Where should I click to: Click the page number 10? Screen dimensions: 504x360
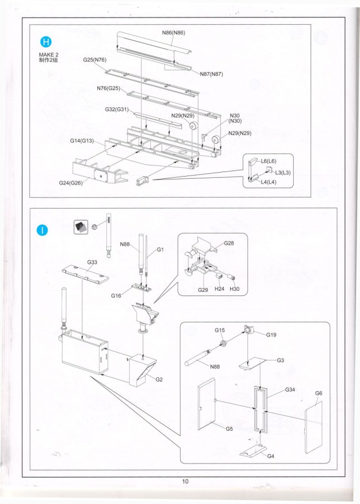pyautogui.click(x=186, y=481)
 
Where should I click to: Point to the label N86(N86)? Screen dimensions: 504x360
pyautogui.click(x=174, y=33)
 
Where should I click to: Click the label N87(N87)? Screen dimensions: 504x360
pyautogui.click(x=211, y=74)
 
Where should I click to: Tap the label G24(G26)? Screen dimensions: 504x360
pyautogui.click(x=71, y=183)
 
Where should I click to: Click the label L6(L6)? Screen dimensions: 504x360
pyautogui.click(x=268, y=161)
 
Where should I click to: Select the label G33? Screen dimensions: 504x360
pyautogui.click(x=92, y=262)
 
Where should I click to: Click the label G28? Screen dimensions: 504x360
pyautogui.click(x=229, y=243)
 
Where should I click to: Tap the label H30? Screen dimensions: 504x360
pyautogui.click(x=234, y=289)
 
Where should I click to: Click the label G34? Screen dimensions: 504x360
pyautogui.click(x=290, y=389)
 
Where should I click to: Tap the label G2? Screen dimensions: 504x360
pyautogui.click(x=159, y=379)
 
